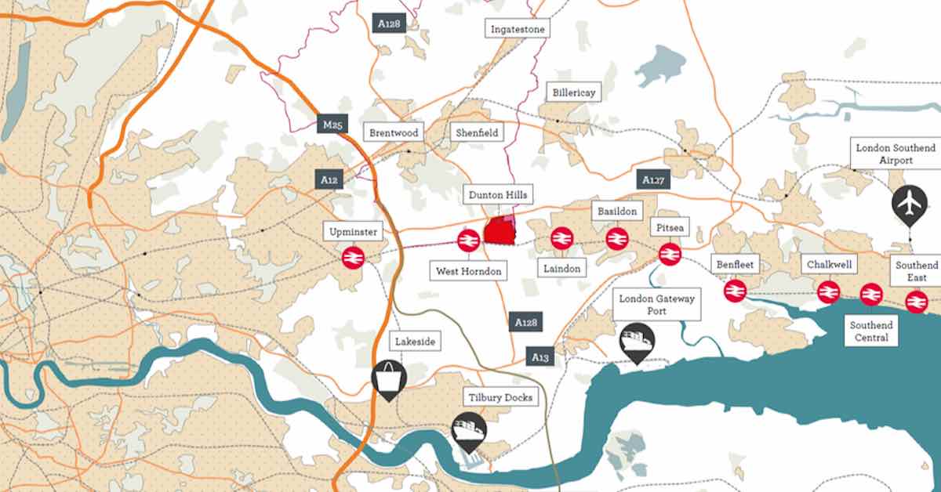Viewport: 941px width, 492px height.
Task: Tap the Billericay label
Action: tap(573, 92)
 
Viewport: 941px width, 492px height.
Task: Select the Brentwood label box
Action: tap(394, 132)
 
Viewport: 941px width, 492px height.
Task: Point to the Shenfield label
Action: tap(477, 132)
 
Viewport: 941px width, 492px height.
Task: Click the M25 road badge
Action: tap(332, 125)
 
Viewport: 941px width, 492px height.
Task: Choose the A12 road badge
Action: tap(329, 179)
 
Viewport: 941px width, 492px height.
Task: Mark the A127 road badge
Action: tap(653, 180)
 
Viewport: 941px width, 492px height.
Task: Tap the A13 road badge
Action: tap(540, 357)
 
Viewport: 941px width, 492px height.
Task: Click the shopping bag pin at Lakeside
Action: tap(389, 378)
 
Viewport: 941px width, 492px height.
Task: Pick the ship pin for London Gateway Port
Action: tap(637, 342)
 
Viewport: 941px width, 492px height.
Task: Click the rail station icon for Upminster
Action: tap(353, 256)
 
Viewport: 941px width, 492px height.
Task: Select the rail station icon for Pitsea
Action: tap(670, 253)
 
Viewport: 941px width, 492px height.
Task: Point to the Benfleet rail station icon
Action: tap(735, 291)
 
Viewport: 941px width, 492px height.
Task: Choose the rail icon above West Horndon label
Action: tap(469, 240)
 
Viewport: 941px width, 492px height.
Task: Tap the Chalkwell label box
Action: tap(829, 265)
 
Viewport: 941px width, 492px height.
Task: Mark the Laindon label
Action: tap(562, 269)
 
